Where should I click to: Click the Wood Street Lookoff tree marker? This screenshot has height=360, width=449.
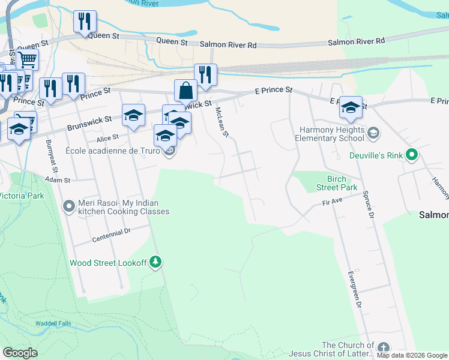(x=155, y=262)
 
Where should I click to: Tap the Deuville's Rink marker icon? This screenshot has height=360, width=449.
(x=412, y=155)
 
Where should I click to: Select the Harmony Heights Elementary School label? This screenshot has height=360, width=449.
(x=330, y=134)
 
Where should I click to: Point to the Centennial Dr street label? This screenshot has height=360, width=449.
(x=112, y=235)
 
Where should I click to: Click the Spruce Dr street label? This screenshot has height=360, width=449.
(x=369, y=204)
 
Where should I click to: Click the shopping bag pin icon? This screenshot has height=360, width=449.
(x=186, y=91)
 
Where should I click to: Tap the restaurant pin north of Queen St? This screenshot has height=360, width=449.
(x=85, y=22)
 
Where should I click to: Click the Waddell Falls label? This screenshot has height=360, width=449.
(x=53, y=323)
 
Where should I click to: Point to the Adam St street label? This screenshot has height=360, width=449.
(x=58, y=180)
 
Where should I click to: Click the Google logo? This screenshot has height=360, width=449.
(x=20, y=353)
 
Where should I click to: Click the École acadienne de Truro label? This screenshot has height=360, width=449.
(x=112, y=151)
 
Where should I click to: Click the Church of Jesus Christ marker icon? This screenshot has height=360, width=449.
(x=383, y=348)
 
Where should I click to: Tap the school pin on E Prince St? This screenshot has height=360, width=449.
(x=351, y=107)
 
